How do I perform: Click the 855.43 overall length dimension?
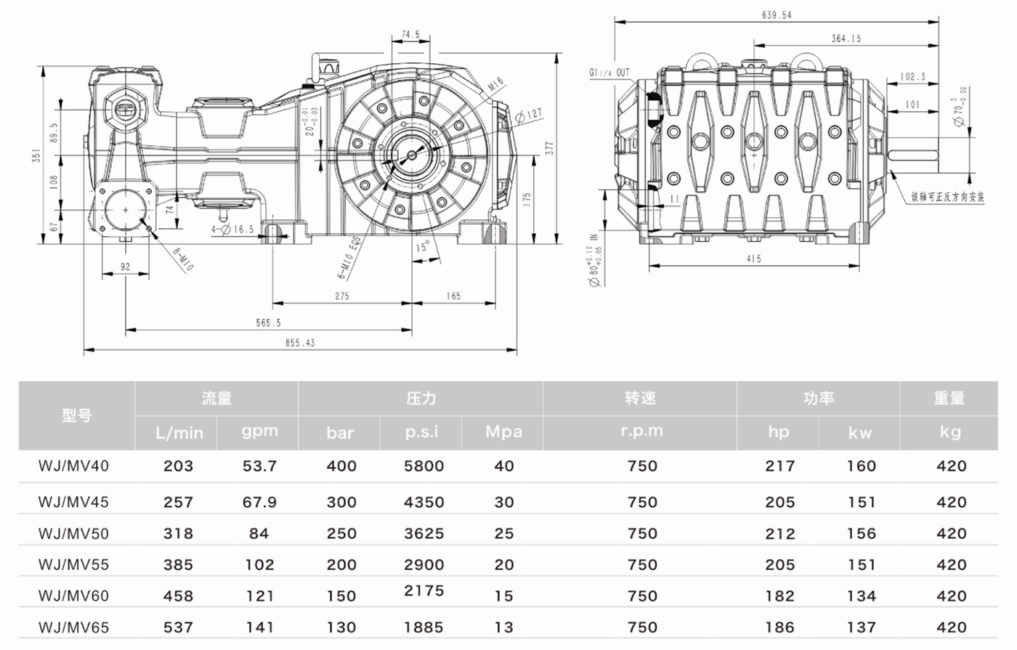pos(299,343)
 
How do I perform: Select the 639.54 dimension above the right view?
pos(777,15)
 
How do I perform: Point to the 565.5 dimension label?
pos(268,322)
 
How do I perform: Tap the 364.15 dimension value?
pos(846,38)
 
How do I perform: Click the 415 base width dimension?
pos(753,259)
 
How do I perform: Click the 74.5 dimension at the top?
pos(410,34)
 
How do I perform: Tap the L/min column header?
pos(179,434)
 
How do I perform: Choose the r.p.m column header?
pos(641,431)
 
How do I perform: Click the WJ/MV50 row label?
pos(73,533)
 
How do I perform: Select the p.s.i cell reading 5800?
pos(424,466)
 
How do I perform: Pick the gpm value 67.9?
pos(259,502)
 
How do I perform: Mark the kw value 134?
pos(861,596)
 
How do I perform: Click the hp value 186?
pos(779,627)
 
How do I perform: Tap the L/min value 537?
pos(178,627)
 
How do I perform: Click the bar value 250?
pos(341,533)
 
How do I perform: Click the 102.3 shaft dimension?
pos(912,76)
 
